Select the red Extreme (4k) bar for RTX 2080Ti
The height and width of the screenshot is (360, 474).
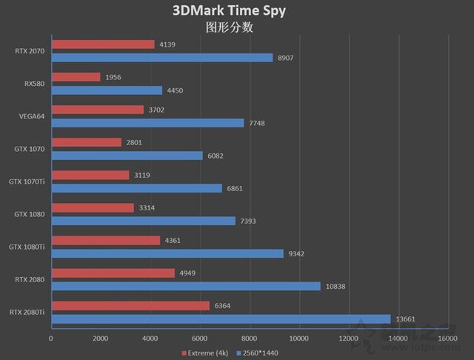click(130, 306)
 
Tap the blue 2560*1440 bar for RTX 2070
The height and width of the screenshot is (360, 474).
click(161, 57)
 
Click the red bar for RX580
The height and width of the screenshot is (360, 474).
click(76, 77)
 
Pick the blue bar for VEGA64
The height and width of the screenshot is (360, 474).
click(147, 122)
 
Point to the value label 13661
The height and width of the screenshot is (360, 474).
click(405, 319)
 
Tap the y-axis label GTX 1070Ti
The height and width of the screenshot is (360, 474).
click(26, 181)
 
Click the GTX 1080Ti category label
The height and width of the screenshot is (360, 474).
click(26, 247)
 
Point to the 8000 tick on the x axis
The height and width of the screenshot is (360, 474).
click(250, 338)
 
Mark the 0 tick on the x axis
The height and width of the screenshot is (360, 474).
click(51, 338)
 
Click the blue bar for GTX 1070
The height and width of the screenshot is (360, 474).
click(127, 156)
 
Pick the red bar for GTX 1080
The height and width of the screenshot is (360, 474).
click(93, 208)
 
